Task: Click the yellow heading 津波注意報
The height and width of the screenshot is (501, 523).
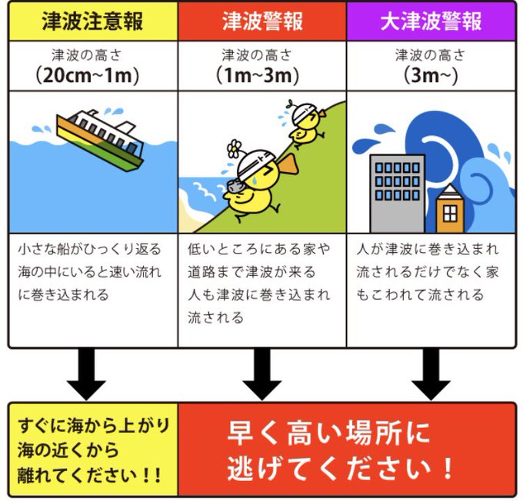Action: pyautogui.click(x=92, y=21)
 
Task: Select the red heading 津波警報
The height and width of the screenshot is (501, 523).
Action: pyautogui.click(x=261, y=21)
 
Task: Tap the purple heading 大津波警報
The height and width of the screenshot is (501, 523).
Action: pyautogui.click(x=431, y=21)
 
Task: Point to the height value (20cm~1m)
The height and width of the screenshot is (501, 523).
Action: pyautogui.click(x=92, y=75)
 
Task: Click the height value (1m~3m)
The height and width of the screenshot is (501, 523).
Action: pyautogui.click(x=261, y=75)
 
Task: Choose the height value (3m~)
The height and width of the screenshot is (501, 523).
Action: pyautogui.click(x=431, y=75)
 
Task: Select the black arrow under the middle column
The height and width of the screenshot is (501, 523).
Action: pyautogui.click(x=261, y=373)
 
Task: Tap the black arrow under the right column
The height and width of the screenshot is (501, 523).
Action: pyautogui.click(x=431, y=373)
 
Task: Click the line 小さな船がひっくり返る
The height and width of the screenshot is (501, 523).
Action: pyautogui.click(x=90, y=250)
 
